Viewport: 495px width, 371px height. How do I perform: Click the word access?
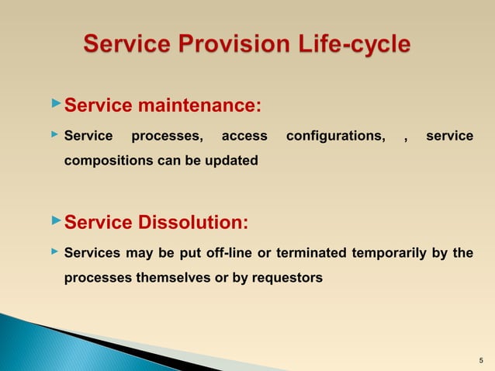(x=244, y=137)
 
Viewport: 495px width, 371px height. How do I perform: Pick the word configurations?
(x=335, y=137)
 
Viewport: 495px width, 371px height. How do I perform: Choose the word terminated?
(x=307, y=253)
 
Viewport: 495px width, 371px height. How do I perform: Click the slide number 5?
(x=481, y=360)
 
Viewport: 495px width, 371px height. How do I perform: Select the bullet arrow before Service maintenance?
(x=54, y=102)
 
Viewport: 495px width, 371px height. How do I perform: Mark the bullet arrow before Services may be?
(x=54, y=251)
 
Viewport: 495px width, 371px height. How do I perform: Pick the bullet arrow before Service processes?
(x=54, y=135)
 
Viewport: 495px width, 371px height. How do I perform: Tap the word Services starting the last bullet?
(x=89, y=253)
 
